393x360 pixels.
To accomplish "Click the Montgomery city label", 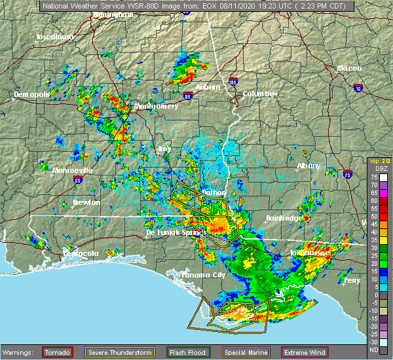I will coord(156,106).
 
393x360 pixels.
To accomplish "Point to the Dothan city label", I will coord(213,192).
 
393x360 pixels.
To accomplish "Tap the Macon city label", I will coord(349,69).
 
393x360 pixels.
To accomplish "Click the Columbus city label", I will coord(259,94).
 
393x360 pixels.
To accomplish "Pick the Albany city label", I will coord(309,166).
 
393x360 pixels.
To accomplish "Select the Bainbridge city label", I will coord(284,218).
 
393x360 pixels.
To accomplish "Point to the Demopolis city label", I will coord(32,94).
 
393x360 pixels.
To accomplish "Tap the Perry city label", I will coord(352,280).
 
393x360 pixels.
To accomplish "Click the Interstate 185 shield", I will coord(234,81).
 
